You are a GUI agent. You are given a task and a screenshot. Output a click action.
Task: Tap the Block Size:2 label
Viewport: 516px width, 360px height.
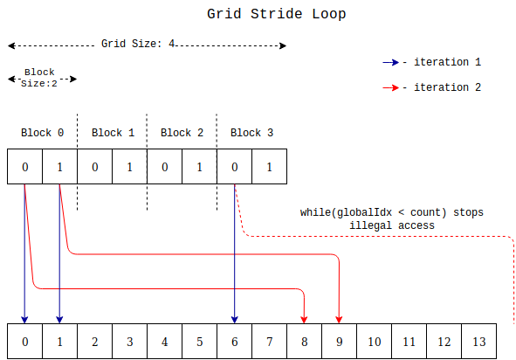click(x=39, y=78)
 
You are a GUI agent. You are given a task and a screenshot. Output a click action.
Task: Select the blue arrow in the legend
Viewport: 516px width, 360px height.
click(x=389, y=63)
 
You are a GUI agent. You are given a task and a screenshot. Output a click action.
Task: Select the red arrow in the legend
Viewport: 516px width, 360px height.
click(x=389, y=88)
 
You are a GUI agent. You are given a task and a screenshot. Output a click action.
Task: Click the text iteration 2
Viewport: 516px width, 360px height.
click(x=447, y=88)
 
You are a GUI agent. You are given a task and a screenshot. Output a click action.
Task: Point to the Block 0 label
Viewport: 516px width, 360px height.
click(x=42, y=133)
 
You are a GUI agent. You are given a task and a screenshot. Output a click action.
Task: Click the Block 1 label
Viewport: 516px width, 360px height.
click(x=113, y=133)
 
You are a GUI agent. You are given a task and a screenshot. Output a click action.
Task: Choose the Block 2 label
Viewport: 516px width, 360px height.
click(x=182, y=133)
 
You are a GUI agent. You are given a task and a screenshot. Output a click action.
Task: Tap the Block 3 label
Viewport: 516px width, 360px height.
click(x=251, y=133)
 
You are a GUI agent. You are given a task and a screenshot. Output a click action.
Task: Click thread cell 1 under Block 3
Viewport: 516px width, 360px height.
click(x=269, y=167)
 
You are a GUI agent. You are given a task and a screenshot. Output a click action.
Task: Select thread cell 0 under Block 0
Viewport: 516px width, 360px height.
click(x=24, y=167)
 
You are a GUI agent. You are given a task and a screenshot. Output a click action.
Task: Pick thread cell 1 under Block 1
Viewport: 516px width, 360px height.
click(x=129, y=167)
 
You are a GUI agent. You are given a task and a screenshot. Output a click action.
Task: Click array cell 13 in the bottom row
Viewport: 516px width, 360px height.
click(x=479, y=341)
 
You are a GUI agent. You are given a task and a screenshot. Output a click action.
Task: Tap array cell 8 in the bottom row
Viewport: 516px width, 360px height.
click(x=304, y=341)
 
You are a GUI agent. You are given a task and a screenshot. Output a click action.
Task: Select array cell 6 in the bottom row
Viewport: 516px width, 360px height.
click(x=234, y=341)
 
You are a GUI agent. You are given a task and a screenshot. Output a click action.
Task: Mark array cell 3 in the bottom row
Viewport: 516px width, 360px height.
click(x=129, y=341)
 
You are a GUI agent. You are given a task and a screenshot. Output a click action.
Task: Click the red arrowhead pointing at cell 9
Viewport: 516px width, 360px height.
click(x=339, y=318)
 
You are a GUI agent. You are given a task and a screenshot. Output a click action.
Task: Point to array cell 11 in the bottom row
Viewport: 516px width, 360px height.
click(x=409, y=341)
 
